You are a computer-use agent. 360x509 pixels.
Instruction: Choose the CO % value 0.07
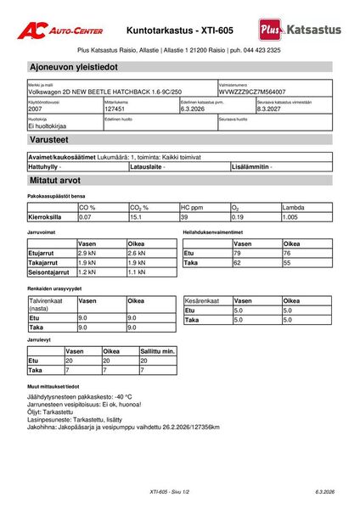click(x=85, y=217)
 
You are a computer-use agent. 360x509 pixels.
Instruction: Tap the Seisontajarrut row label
click(x=49, y=272)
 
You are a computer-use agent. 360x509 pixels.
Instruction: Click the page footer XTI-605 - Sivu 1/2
click(x=167, y=491)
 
